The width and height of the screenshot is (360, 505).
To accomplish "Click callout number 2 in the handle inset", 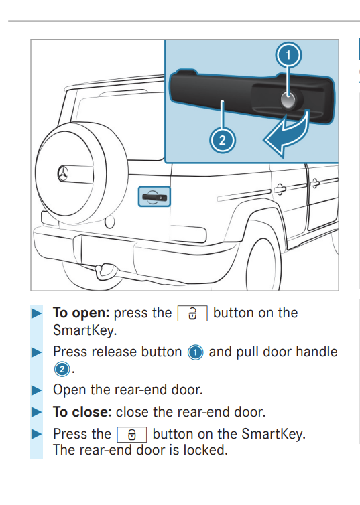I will (222, 140).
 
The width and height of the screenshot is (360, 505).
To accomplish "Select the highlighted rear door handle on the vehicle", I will (154, 196).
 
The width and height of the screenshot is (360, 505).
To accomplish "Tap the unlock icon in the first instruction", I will (192, 313).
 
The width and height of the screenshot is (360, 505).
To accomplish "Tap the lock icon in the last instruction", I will (132, 434).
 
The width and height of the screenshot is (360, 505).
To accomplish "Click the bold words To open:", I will (82, 313).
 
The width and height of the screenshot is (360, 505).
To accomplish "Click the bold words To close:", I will (83, 412).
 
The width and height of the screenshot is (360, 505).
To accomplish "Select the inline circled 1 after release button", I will (195, 352).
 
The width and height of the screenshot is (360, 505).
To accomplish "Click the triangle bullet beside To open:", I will (38, 313).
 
